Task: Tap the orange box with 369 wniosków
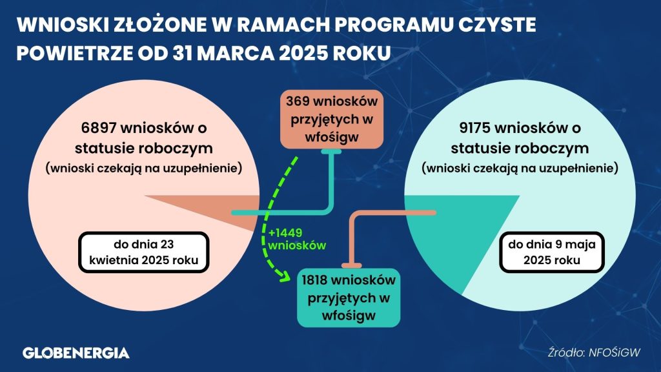[x=332, y=119]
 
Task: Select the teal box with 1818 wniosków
[x=349, y=298]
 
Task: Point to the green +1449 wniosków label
[x=297, y=239]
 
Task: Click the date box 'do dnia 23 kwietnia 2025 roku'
[x=144, y=253]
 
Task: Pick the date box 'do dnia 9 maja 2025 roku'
[x=552, y=253]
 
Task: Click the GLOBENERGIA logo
[x=76, y=353]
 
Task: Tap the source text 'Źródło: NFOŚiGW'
[x=594, y=353]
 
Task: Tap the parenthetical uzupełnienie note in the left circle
[x=144, y=169]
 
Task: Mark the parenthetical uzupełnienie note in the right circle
[x=520, y=169]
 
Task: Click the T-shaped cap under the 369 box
[x=331, y=151]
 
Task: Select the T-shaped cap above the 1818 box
[x=352, y=265]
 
